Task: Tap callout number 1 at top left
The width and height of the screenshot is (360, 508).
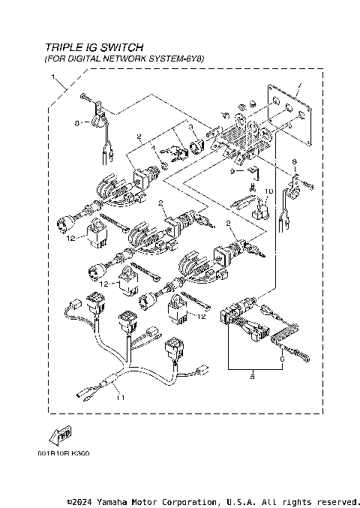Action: coord(53,78)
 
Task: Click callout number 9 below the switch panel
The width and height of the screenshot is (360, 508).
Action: coord(232,172)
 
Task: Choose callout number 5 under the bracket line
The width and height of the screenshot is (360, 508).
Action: coord(251,378)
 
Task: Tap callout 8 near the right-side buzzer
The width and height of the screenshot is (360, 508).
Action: coord(294,161)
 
